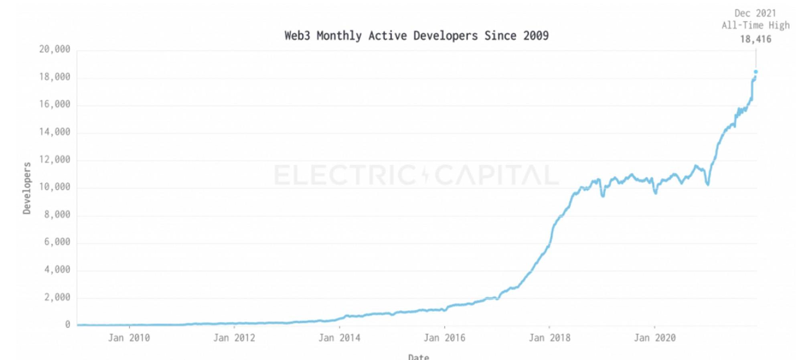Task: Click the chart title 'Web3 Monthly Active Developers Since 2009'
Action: coord(416,36)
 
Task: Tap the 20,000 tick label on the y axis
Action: coord(55,49)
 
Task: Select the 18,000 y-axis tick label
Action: coord(55,77)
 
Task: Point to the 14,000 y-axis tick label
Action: coord(55,132)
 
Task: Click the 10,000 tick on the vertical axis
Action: coord(55,187)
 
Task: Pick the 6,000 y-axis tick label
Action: coord(57,242)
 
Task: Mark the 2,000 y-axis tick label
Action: coord(57,297)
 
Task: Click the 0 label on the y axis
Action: coord(67,324)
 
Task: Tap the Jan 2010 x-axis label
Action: coord(129,338)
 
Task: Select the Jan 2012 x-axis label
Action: coord(234,338)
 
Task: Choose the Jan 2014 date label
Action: coord(339,338)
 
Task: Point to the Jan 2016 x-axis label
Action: coord(444,338)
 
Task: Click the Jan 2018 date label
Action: coord(549,338)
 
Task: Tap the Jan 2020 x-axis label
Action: coord(654,338)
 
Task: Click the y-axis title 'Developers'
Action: coord(27,188)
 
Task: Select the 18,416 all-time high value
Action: coord(755,39)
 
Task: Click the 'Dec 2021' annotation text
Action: coord(755,13)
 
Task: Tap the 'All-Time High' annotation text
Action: coord(755,26)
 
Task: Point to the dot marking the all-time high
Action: coord(756,72)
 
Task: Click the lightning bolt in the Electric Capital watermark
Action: coord(425,175)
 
